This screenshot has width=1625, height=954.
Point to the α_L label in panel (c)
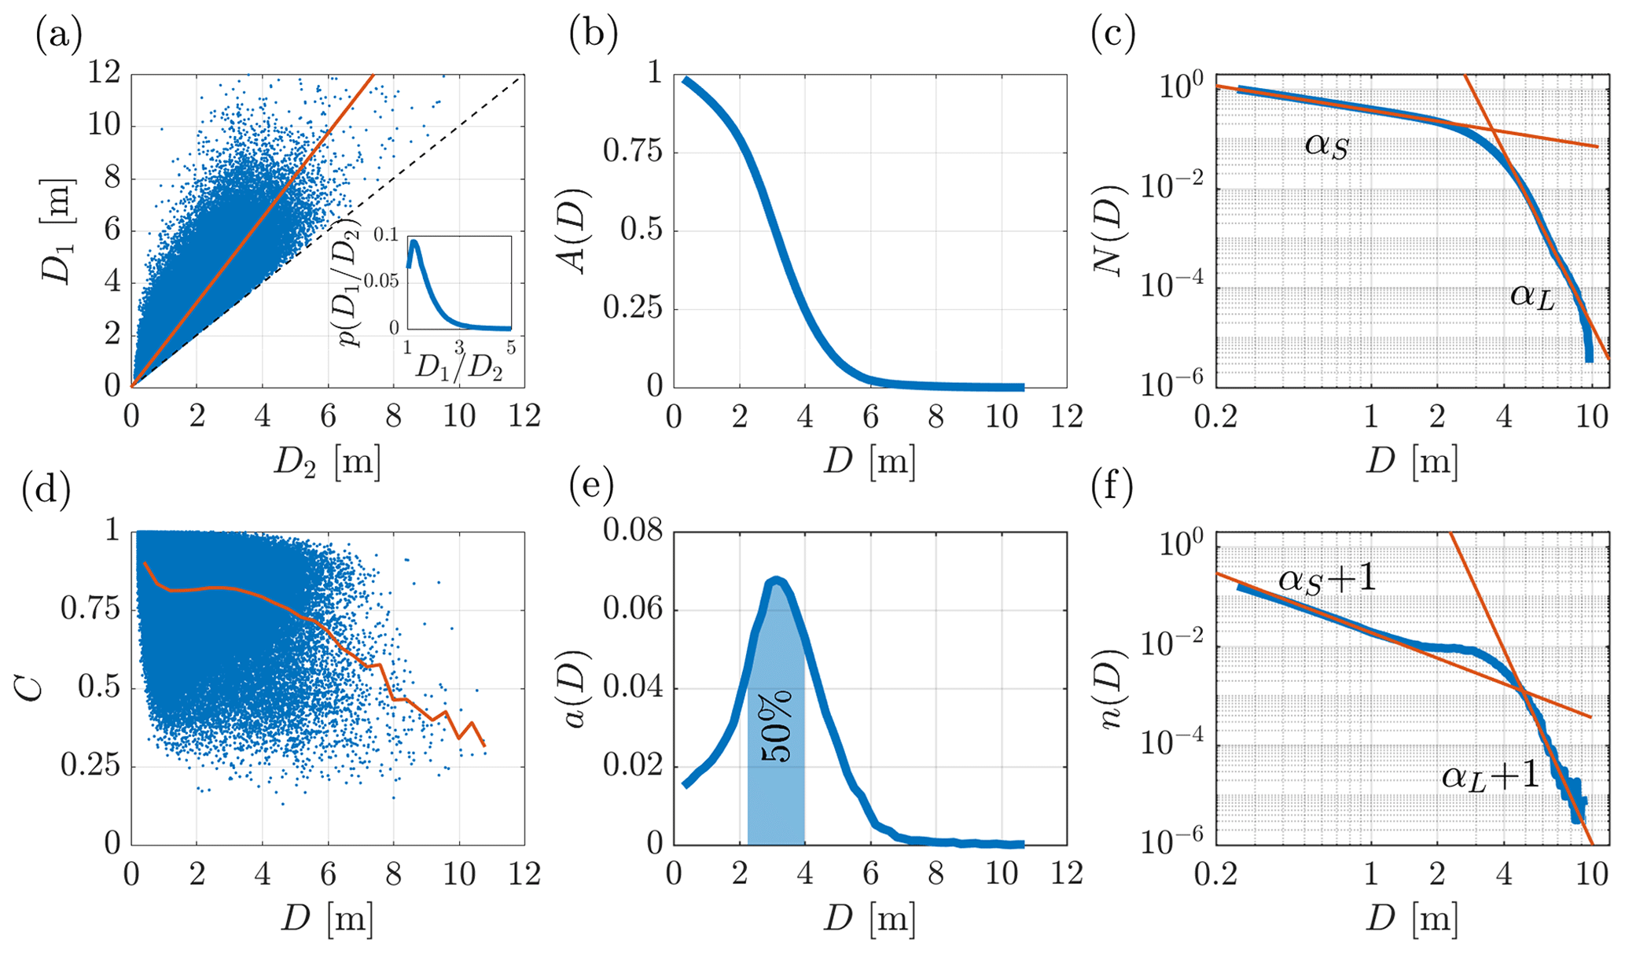1532,297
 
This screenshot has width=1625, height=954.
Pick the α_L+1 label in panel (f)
1490,777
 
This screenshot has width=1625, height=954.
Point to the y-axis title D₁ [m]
57,230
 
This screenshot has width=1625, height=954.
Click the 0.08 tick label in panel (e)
632,532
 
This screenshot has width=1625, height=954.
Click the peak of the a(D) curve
776,581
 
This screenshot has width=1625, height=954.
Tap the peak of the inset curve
413,242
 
